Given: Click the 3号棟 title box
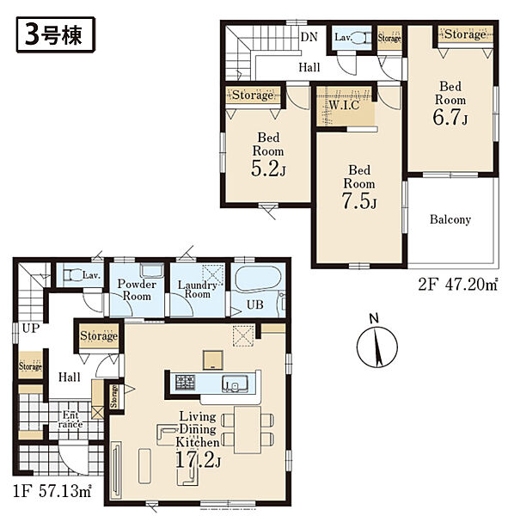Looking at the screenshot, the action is point(56,35).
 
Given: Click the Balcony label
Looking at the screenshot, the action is point(450,219).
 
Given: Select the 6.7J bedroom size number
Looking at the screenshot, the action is point(450,118).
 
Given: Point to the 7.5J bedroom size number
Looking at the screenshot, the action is point(359,200).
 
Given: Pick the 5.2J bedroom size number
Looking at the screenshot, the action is point(268,169).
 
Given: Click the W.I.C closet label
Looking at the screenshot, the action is point(344,105).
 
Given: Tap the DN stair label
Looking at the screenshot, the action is point(309,37).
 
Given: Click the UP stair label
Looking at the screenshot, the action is point(31,329).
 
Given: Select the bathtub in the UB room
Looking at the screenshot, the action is point(259,279).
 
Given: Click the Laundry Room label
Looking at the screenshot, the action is point(198,289).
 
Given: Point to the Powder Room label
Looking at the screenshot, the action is point(137,290).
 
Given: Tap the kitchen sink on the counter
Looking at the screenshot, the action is point(235,384).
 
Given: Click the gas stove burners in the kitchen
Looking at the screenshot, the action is point(186,383).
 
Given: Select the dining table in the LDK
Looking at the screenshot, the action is point(248,429).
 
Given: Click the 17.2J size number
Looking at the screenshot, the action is point(198,460).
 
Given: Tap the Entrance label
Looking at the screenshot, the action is point(70,420).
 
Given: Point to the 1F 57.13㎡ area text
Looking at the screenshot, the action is point(52,491).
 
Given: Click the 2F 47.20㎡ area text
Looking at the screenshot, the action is point(457,285).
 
